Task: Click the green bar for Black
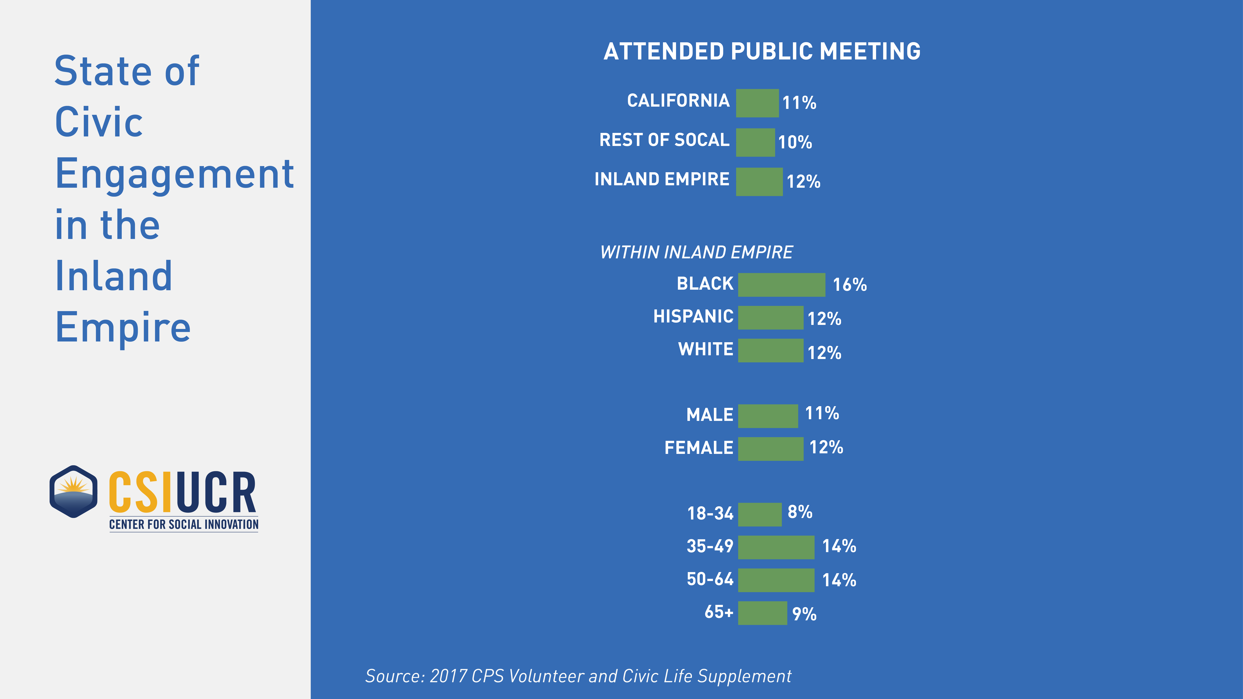click(781, 285)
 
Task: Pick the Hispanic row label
click(693, 317)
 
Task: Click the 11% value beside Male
click(822, 413)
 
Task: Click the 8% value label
click(800, 512)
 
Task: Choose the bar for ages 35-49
click(776, 547)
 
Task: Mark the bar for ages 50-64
click(776, 580)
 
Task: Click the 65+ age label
click(719, 612)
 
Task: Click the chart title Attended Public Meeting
click(761, 52)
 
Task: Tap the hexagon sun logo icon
click(73, 491)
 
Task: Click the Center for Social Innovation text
click(183, 524)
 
